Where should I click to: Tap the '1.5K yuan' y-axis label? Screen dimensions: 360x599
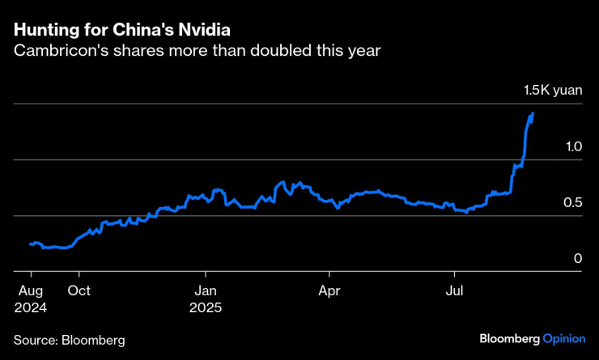553,91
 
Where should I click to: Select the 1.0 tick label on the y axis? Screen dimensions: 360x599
573,146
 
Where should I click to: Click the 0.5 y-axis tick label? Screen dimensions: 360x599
573,202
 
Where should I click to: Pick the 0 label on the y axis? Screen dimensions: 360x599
578,258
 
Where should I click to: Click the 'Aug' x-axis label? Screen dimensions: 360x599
30,291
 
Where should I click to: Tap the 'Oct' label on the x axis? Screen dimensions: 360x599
79,291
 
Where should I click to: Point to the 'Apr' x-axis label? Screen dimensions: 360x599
329,291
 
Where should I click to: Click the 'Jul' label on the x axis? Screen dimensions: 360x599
455,291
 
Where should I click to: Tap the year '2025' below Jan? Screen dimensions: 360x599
206,307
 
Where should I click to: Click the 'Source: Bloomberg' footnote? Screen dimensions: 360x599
69,341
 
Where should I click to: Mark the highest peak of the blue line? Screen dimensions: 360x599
532,113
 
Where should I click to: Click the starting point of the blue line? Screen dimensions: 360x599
30,244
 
